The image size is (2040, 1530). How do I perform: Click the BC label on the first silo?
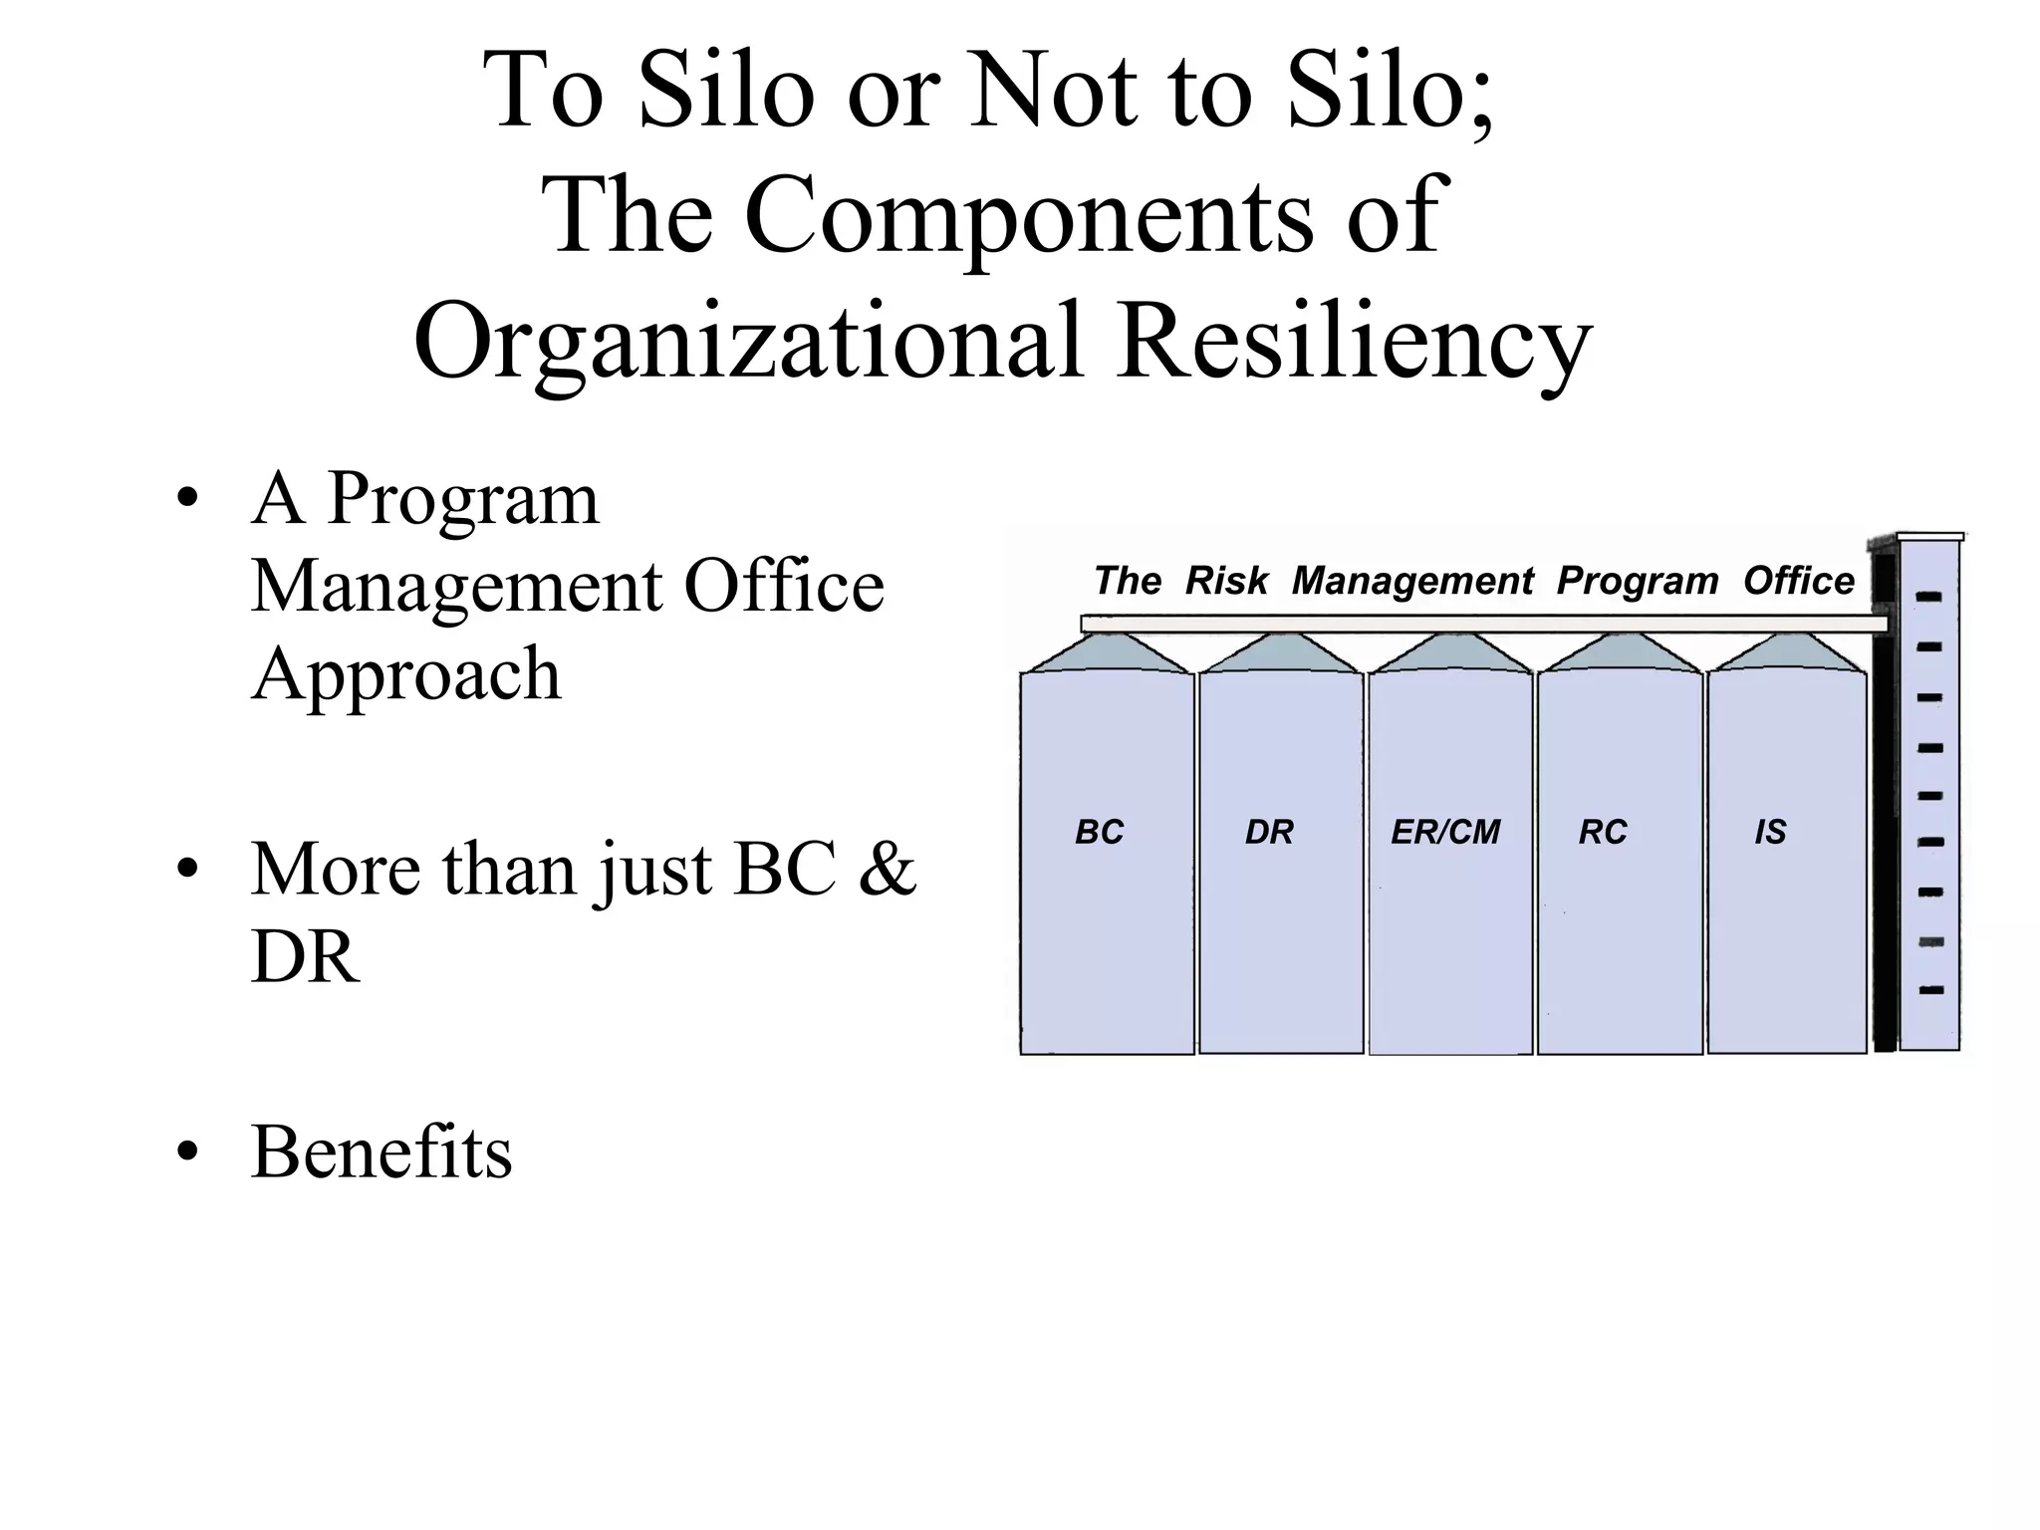1099,832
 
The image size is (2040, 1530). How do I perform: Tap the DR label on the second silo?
1269,832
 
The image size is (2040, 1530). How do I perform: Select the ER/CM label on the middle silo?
1445,832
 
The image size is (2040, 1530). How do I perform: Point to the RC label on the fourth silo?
1603,832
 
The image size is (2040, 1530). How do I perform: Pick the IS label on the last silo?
1770,832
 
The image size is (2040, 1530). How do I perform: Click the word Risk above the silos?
1226,581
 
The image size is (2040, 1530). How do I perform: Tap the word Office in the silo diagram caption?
1798,581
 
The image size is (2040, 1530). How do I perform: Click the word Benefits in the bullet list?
382,1152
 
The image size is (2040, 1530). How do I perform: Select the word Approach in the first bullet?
406,674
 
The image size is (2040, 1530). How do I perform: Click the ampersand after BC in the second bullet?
886,869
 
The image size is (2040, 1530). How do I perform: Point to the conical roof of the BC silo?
1107,653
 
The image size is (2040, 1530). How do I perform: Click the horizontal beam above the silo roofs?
1484,624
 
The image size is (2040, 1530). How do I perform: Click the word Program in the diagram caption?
1638,581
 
